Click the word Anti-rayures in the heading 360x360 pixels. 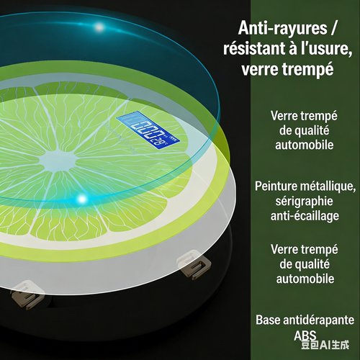[x=283, y=28]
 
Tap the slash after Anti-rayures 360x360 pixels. [x=334, y=28]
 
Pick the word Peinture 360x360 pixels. [x=273, y=186]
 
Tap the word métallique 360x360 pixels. [x=325, y=186]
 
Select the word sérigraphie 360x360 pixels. [x=305, y=201]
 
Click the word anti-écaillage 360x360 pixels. [x=305, y=215]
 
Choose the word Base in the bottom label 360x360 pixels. [x=266, y=320]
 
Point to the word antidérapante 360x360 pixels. [x=317, y=320]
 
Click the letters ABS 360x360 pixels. [x=305, y=336]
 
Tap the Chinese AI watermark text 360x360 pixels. [x=325, y=345]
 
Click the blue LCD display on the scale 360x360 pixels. [x=148, y=130]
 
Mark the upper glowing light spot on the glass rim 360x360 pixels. [x=99, y=27]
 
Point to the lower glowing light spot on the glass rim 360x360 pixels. [x=82, y=199]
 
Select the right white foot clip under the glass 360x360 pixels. [x=194, y=264]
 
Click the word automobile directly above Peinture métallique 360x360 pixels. [x=305, y=145]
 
